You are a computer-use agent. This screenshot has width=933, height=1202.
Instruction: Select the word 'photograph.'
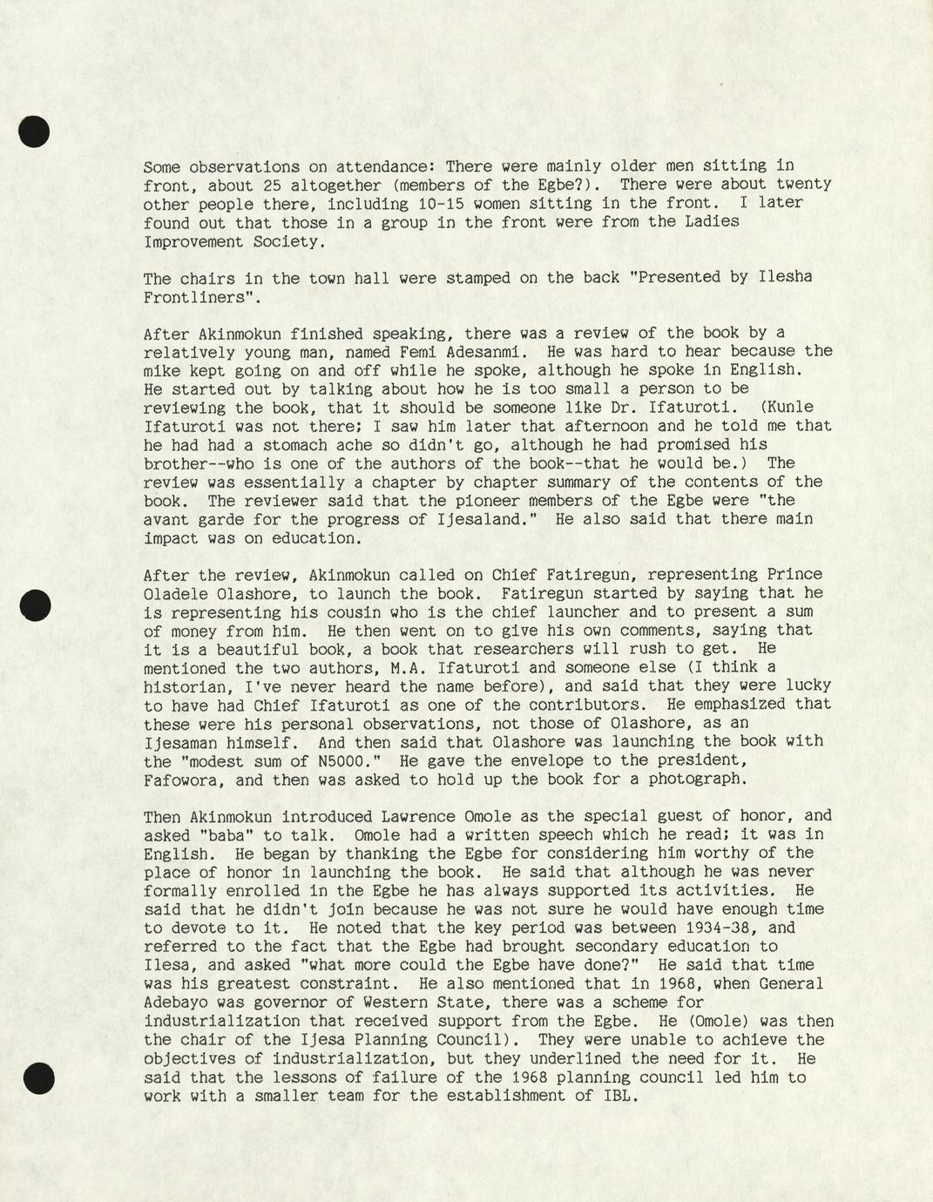[x=697, y=780]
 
